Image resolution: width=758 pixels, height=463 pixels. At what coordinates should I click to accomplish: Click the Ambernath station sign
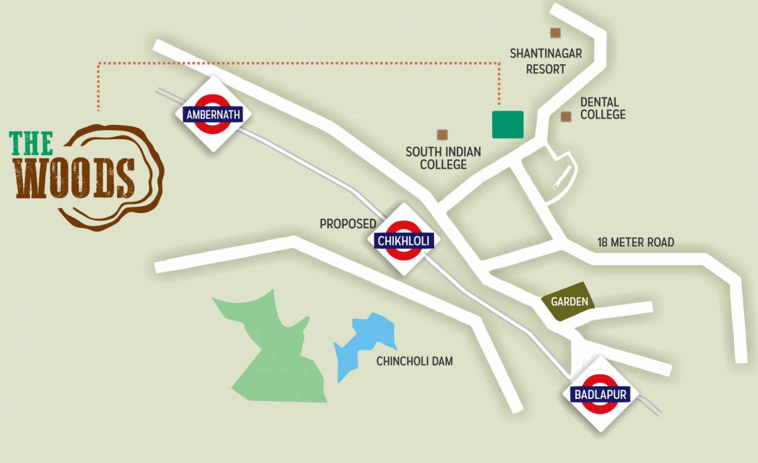click(x=213, y=114)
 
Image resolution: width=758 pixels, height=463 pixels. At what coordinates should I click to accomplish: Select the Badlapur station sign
click(x=601, y=395)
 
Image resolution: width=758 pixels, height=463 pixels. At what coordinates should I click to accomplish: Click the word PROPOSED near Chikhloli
click(x=348, y=224)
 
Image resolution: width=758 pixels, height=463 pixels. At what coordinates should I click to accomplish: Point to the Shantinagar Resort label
click(x=546, y=61)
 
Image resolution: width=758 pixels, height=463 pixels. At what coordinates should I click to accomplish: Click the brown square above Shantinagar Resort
click(x=555, y=34)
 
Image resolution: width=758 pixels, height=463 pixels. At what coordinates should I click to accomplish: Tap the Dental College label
click(x=602, y=109)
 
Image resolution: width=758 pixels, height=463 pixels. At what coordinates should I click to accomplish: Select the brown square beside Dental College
click(x=566, y=117)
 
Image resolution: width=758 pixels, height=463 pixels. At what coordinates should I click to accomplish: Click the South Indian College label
click(x=443, y=158)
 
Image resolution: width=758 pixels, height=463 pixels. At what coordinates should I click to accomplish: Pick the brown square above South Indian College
click(x=442, y=134)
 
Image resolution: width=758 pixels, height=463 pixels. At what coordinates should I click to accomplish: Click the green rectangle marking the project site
click(x=508, y=125)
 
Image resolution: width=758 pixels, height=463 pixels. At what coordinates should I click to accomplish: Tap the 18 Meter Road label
click(x=636, y=242)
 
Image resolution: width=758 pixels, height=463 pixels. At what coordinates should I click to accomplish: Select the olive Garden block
click(x=569, y=301)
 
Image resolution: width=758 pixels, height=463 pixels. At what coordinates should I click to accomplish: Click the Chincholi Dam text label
click(x=414, y=361)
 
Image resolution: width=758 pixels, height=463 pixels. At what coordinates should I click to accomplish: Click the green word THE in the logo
click(x=31, y=143)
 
